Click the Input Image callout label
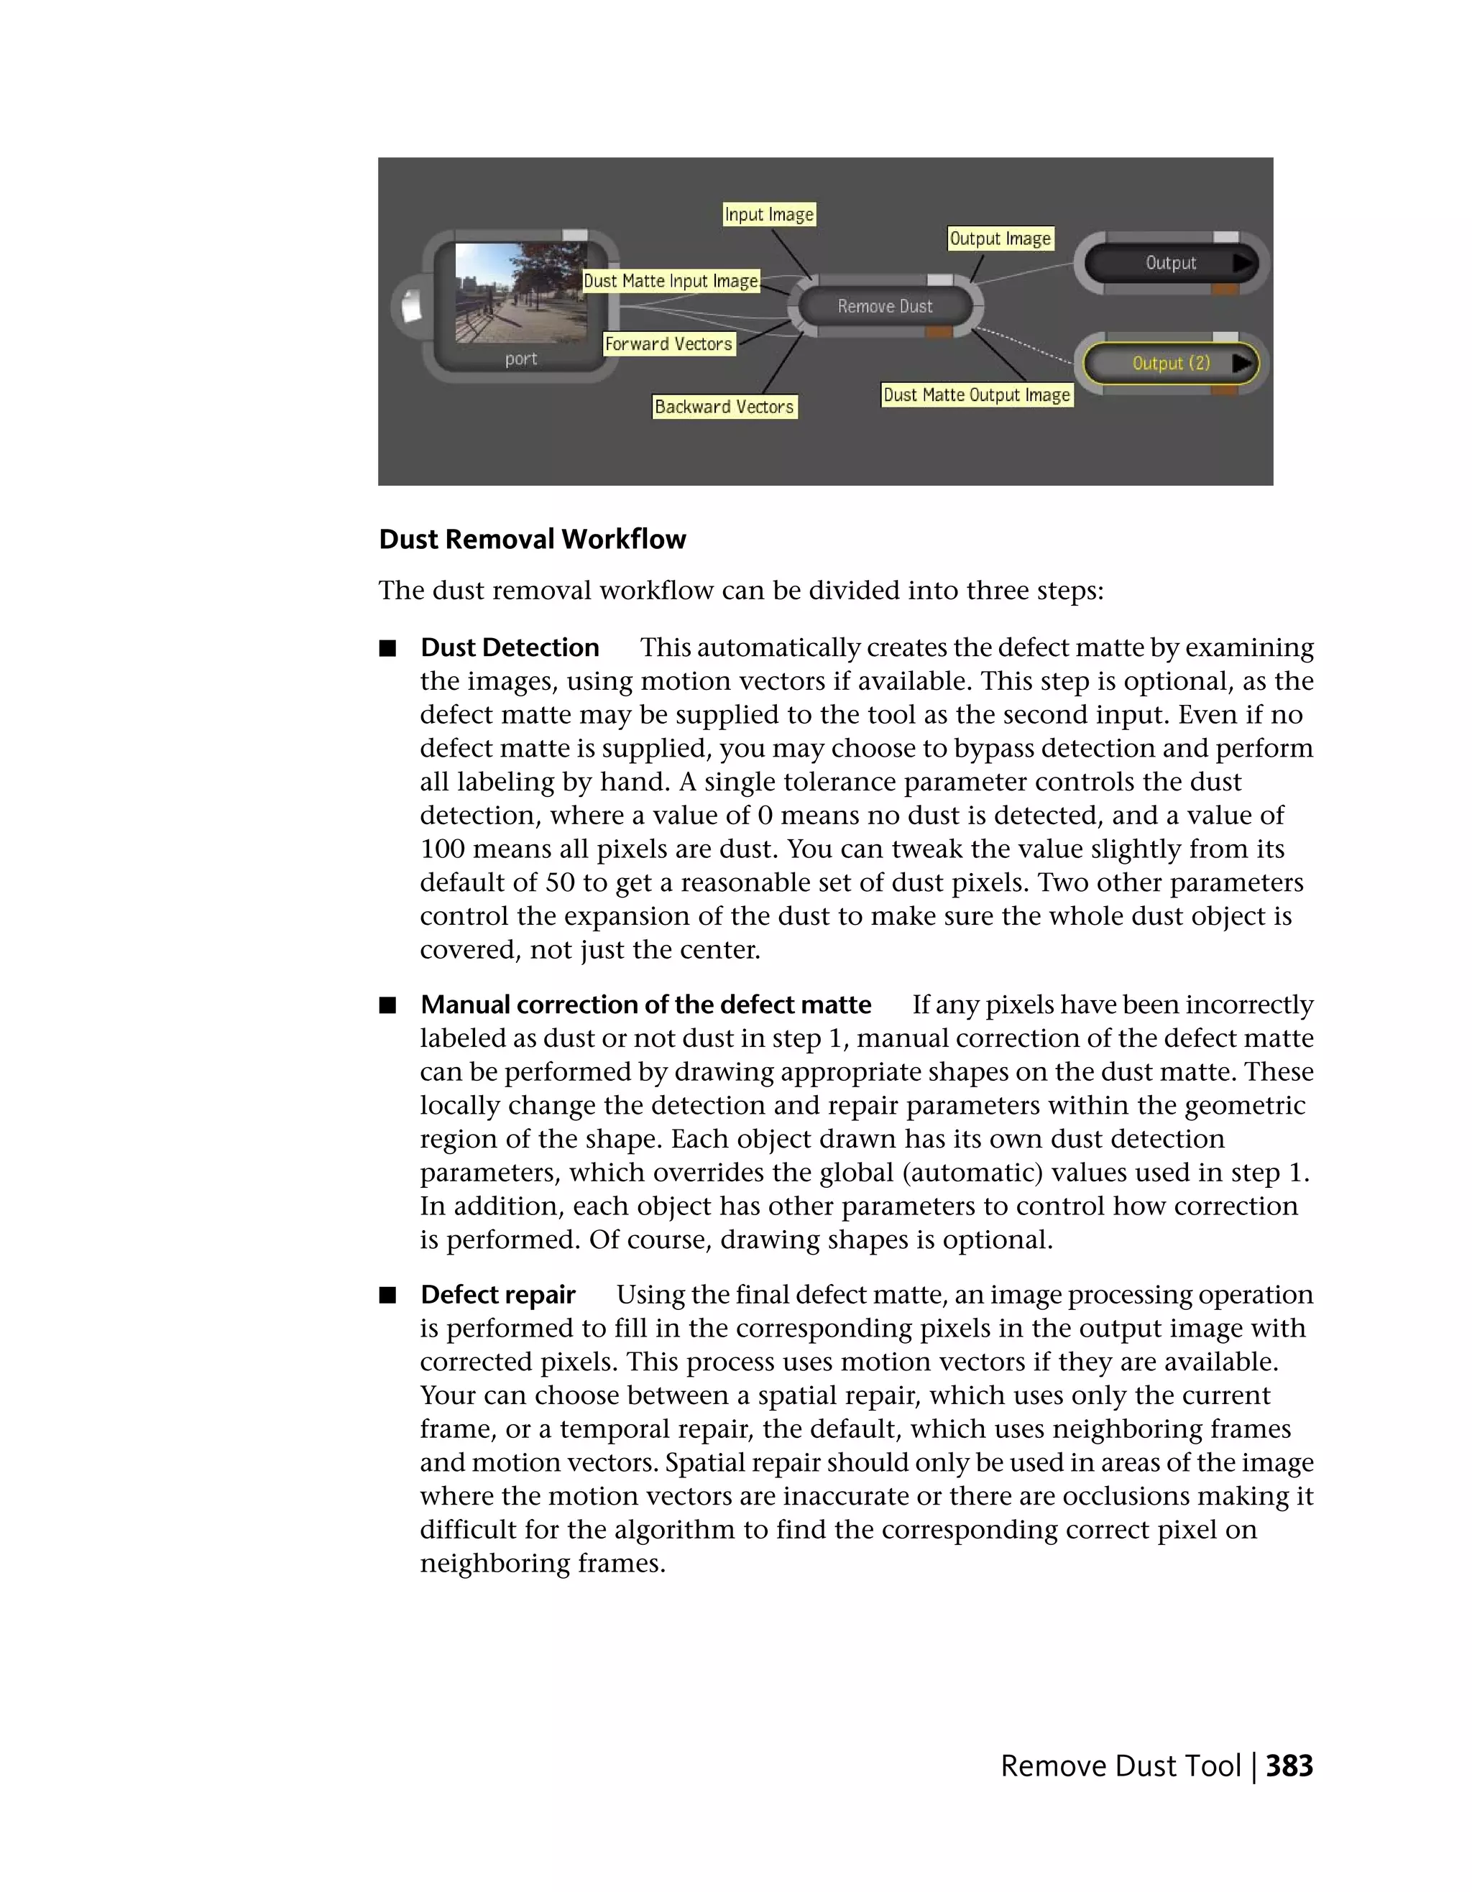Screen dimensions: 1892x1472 (x=768, y=214)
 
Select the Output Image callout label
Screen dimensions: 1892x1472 (x=1000, y=239)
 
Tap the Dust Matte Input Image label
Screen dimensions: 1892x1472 (x=671, y=281)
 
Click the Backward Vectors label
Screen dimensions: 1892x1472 (x=724, y=406)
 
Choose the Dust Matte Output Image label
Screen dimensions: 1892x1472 (x=977, y=395)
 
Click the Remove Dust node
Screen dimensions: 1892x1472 (x=884, y=306)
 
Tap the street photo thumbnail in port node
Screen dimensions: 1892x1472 (x=520, y=292)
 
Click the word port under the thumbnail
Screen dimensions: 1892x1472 (x=520, y=359)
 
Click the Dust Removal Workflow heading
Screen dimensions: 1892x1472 (x=532, y=539)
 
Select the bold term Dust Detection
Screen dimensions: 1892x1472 (x=510, y=647)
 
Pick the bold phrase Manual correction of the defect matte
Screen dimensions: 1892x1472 (x=645, y=1004)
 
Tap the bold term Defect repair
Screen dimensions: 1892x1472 (x=497, y=1294)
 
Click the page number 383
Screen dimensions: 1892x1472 (x=1289, y=1766)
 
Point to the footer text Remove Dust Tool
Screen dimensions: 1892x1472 (x=1121, y=1766)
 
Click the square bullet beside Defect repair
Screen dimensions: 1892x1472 (x=387, y=1295)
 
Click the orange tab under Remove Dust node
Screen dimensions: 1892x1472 (x=938, y=332)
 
